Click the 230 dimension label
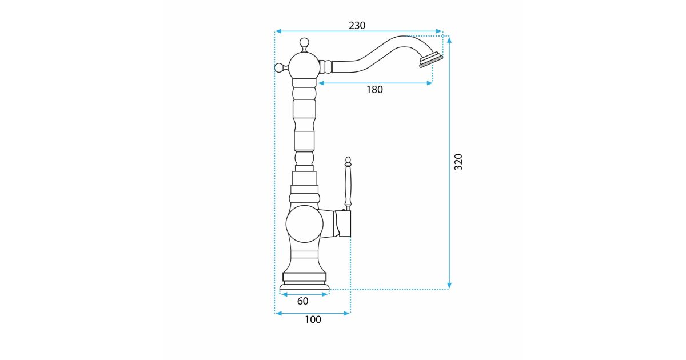click(x=357, y=25)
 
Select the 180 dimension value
click(x=374, y=90)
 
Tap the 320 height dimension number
click(x=458, y=162)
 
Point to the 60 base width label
click(x=302, y=301)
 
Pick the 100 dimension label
click(x=313, y=319)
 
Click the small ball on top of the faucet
click(x=304, y=42)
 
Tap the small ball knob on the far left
click(x=280, y=67)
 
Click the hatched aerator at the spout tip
click(x=431, y=61)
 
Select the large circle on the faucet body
click(x=304, y=224)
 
